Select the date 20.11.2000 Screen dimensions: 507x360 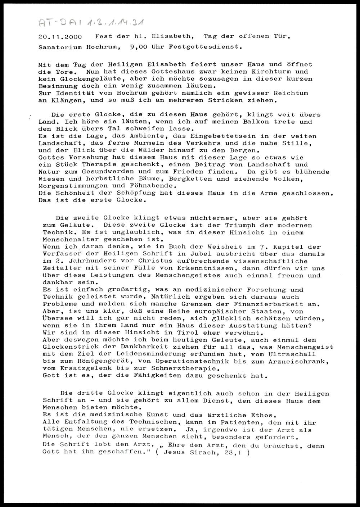pyautogui.click(x=60, y=37)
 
